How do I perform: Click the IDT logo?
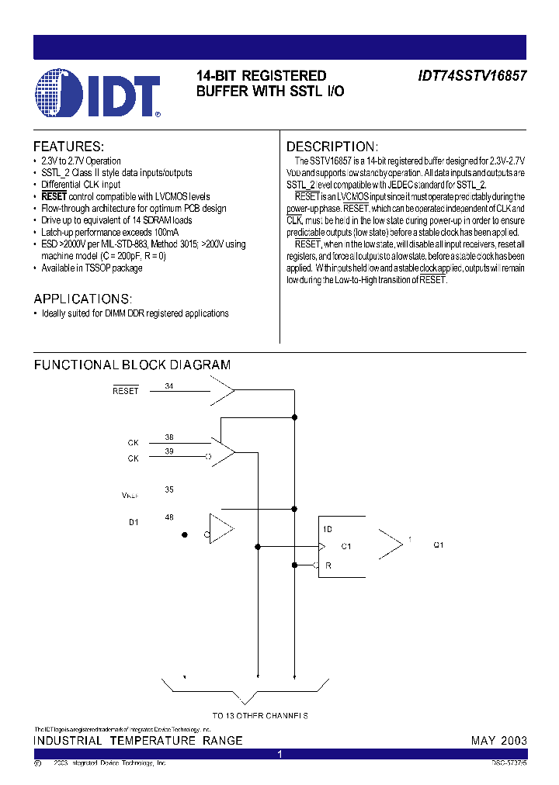[98, 92]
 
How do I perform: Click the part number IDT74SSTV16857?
[472, 77]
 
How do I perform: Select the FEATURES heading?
[68, 147]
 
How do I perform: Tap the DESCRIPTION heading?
[332, 147]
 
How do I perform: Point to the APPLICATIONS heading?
[82, 299]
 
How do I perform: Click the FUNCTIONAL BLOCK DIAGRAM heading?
[132, 365]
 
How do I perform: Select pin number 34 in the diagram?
[169, 386]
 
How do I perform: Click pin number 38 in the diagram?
[169, 437]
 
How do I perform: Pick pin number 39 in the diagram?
[169, 451]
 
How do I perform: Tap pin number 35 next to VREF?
[169, 489]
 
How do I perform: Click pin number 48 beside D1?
[169, 517]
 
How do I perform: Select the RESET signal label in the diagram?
[125, 391]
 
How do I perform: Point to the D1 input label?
[134, 522]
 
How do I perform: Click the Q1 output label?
[439, 545]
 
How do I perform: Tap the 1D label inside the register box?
[328, 529]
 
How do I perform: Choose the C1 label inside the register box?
[346, 546]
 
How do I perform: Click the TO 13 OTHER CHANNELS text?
[260, 715]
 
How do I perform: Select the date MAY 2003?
[499, 741]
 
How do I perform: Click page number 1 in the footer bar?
[279, 754]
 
